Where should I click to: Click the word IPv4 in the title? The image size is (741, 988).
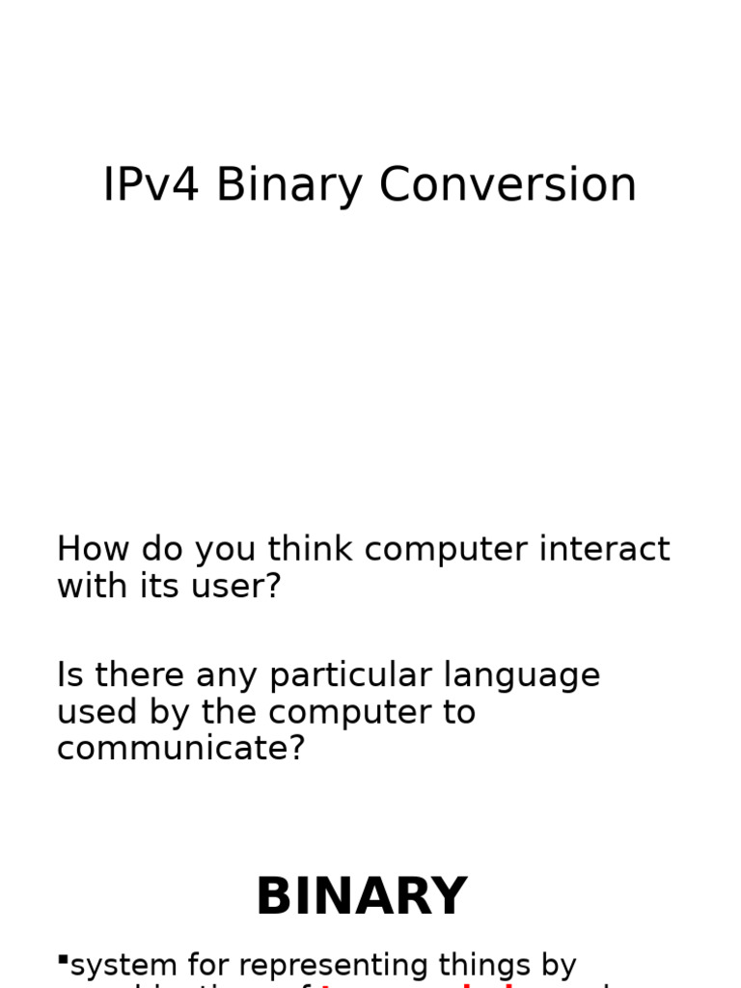151,184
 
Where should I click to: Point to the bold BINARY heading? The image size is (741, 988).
361,896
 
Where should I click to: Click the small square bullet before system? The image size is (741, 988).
63,959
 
